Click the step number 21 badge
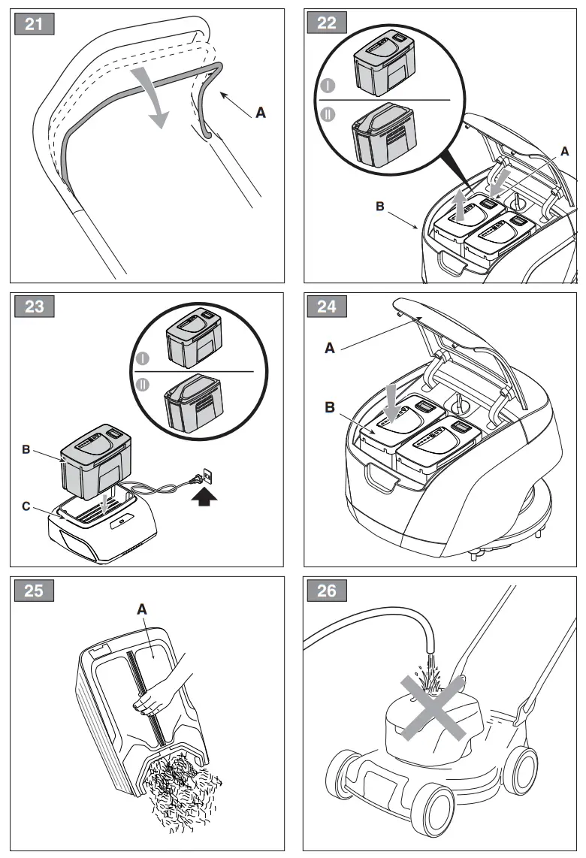(34, 23)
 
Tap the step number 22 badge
(328, 23)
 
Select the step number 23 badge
(34, 307)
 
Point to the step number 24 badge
(328, 307)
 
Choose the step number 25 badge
(34, 591)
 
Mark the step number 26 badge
(328, 591)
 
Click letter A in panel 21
(261, 113)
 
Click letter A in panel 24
(330, 349)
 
